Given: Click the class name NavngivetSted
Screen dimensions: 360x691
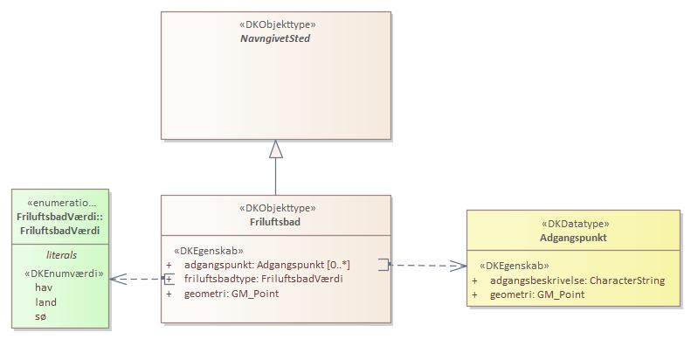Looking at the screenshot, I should (x=276, y=38).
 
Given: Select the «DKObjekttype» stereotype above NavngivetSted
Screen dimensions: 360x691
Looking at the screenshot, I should (x=276, y=24).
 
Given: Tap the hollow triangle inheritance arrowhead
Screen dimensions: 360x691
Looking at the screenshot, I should (x=276, y=149).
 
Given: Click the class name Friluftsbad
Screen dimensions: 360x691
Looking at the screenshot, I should (x=276, y=222).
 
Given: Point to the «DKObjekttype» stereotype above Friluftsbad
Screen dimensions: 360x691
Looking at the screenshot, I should (x=276, y=208).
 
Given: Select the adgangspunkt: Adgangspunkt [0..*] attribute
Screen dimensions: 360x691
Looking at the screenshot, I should (x=267, y=264).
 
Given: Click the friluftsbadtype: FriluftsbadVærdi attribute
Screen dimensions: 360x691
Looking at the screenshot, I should (x=263, y=279).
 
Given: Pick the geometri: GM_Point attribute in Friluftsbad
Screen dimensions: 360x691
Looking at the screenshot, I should (x=231, y=294).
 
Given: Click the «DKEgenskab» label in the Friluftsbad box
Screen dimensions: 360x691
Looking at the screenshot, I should (x=209, y=250).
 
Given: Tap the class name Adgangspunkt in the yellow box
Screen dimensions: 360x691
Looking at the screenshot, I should (x=573, y=238).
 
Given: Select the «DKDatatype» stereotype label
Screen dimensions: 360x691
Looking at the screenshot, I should (x=573, y=224).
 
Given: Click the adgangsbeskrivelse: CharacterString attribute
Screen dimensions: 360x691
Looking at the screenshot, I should (x=577, y=280).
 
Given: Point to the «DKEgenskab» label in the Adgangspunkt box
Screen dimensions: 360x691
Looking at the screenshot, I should (x=515, y=266).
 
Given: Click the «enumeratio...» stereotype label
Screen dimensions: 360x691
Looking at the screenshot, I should (x=61, y=203).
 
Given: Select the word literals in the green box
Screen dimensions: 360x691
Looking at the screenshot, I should (x=61, y=255).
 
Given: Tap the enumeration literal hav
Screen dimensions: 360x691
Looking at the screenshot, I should (x=44, y=287).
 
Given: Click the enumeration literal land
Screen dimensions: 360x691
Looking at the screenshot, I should (x=45, y=301).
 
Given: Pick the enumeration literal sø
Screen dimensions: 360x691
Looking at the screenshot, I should (x=40, y=316).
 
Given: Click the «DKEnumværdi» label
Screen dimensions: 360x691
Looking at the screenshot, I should (x=64, y=273).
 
